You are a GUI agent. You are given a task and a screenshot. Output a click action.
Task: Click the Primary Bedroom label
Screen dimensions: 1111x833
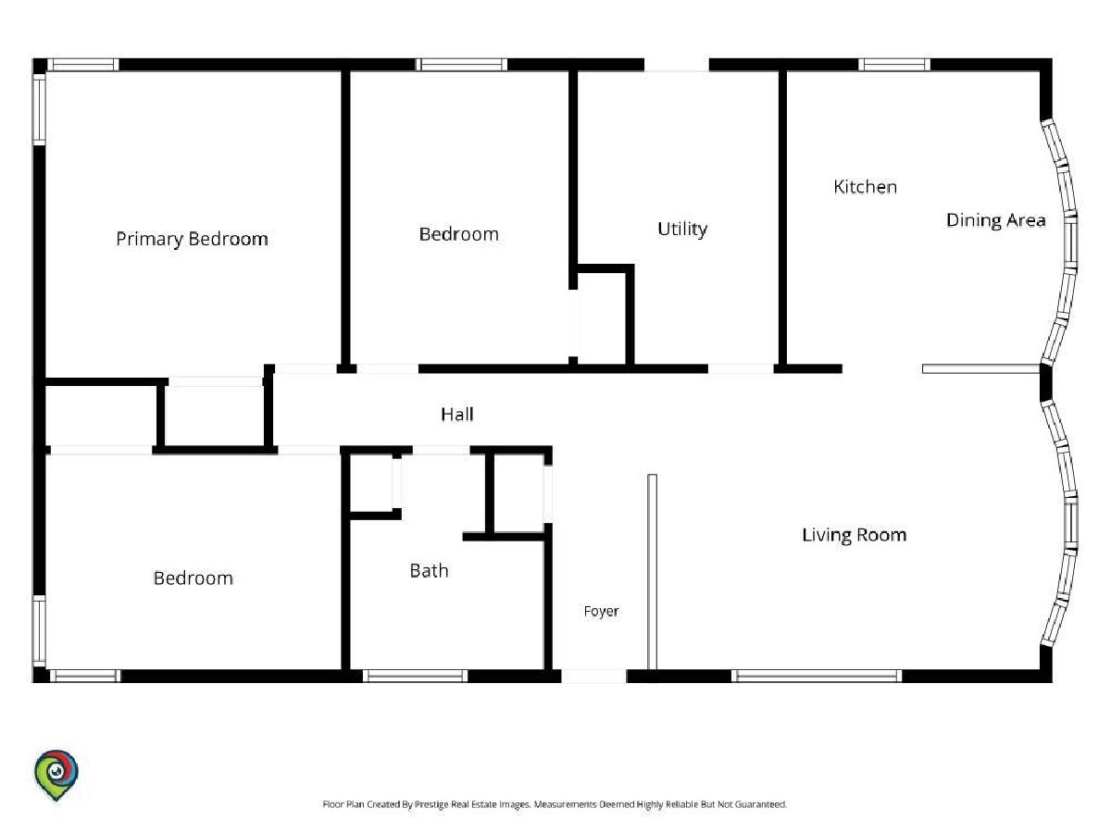192,239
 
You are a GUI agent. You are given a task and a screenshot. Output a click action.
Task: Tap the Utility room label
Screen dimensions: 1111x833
681,229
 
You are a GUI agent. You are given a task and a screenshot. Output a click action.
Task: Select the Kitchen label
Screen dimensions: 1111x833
865,187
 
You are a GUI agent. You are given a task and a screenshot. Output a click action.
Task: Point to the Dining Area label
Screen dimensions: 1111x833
995,220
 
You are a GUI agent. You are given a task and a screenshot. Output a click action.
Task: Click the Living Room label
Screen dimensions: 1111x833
854,535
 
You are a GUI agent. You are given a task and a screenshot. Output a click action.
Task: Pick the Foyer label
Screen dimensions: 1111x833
601,611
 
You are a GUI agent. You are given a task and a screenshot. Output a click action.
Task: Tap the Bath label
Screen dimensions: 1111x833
429,570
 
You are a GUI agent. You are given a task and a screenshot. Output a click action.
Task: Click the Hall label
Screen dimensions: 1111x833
457,415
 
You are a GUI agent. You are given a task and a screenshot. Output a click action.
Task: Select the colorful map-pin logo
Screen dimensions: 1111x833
56,775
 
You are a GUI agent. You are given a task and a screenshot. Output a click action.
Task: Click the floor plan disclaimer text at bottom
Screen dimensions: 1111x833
555,803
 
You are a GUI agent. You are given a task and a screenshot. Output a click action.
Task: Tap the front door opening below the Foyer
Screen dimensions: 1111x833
593,676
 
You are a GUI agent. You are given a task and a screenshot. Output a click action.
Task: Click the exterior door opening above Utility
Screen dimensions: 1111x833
676,65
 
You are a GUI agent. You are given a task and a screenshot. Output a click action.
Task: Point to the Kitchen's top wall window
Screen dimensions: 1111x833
893,65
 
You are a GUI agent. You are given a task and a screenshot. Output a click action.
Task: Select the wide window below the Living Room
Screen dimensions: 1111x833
817,676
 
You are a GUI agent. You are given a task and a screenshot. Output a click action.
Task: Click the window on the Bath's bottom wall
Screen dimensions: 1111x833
415,676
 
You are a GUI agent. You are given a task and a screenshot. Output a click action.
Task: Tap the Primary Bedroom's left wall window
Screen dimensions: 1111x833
39,110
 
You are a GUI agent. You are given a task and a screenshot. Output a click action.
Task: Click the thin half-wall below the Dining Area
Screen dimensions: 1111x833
980,368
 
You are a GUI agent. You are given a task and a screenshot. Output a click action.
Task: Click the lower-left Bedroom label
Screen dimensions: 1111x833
193,578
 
